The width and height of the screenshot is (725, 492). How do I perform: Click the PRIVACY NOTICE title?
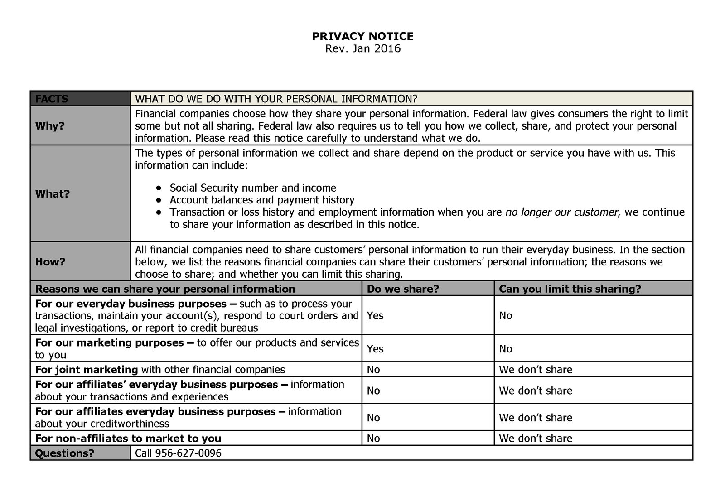pos(362,36)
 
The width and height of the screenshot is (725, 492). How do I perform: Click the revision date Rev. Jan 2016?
pos(362,48)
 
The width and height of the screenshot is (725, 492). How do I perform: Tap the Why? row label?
pos(50,126)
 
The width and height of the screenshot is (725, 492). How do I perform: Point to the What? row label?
pos(52,194)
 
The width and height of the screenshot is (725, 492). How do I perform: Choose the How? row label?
pos(50,262)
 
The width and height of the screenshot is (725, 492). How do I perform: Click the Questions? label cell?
pos(64,453)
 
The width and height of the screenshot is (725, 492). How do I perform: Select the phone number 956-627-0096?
pos(188,453)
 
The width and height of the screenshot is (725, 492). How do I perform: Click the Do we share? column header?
pos(403,289)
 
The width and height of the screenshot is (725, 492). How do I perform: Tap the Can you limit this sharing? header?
pos(570,289)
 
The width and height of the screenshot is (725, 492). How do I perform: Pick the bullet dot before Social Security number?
pos(158,188)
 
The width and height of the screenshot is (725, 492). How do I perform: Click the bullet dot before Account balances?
pos(158,200)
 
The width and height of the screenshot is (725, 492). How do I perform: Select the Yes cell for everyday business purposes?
pos(375,315)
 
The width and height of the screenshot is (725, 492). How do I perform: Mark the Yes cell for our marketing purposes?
pos(375,348)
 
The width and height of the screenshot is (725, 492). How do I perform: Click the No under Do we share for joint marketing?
pos(373,370)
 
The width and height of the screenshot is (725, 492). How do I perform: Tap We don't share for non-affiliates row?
pos(536,439)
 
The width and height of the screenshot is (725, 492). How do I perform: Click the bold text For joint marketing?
pos(86,370)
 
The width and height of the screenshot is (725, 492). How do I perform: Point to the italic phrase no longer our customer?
pos(561,212)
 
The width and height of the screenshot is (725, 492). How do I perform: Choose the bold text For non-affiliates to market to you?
pos(128,439)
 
